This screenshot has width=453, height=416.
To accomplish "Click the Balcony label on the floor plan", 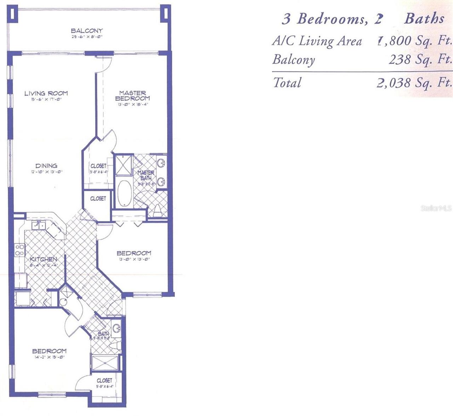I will [x=87, y=31].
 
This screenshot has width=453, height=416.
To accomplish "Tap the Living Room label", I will [x=46, y=93].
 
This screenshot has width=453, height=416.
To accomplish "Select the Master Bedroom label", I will [x=133, y=96].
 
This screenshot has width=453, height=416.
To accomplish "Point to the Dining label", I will [x=46, y=166].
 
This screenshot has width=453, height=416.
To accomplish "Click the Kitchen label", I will [x=44, y=259].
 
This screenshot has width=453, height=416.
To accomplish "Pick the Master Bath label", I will [x=146, y=175].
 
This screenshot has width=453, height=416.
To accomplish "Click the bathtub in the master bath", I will [x=124, y=193].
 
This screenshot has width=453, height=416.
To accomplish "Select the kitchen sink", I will [x=38, y=225].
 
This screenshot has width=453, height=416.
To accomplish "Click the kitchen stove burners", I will [x=20, y=250].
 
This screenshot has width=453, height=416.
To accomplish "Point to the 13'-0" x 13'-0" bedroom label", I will [x=134, y=253].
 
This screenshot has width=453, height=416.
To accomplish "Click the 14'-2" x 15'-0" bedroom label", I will [x=49, y=351].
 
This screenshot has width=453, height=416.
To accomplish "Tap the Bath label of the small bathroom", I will [x=103, y=334].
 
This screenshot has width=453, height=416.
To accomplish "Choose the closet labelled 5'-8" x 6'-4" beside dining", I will [x=98, y=166].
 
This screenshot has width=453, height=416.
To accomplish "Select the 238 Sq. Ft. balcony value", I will [x=420, y=59].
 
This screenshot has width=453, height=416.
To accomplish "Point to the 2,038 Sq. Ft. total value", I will [x=414, y=83].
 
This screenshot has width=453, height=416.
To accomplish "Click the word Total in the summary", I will [x=287, y=83].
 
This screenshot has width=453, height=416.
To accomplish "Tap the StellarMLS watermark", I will [x=436, y=208].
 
